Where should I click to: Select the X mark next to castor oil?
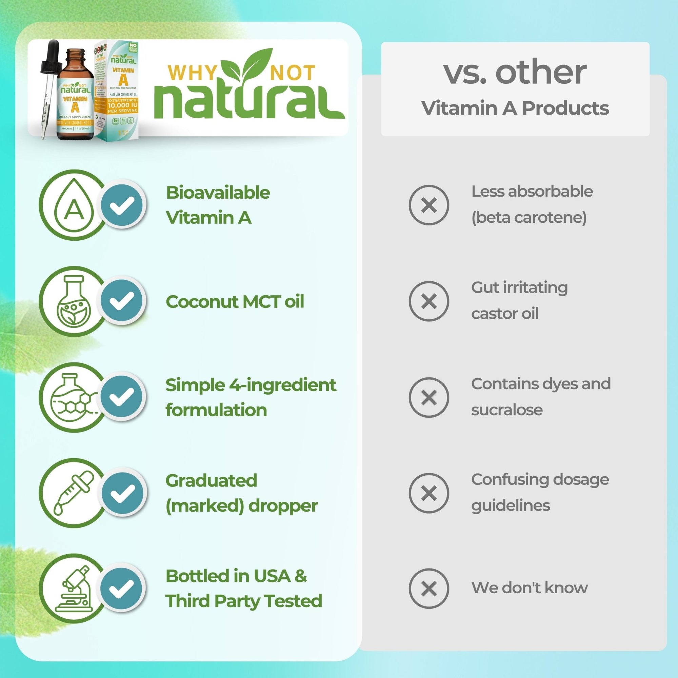pyautogui.click(x=428, y=301)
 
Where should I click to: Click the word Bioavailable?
pyautogui.click(x=218, y=193)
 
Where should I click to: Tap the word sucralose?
pyautogui.click(x=506, y=410)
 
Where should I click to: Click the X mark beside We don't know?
pyautogui.click(x=428, y=589)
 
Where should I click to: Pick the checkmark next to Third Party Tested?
pyautogui.click(x=122, y=589)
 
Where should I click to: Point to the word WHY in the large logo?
pyautogui.click(x=192, y=73)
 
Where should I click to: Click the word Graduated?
pyautogui.click(x=211, y=480)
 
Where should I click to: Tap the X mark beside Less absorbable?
pyautogui.click(x=428, y=205)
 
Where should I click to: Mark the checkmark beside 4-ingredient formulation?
pyautogui.click(x=122, y=397)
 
